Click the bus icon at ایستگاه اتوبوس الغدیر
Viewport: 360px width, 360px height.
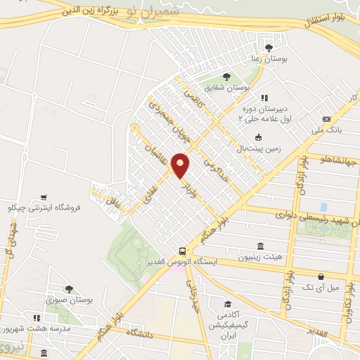pos(183,250)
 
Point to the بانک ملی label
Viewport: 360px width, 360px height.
pos(328,131)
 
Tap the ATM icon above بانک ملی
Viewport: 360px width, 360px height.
pos(326,119)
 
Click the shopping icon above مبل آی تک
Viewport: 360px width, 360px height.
pos(321,276)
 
